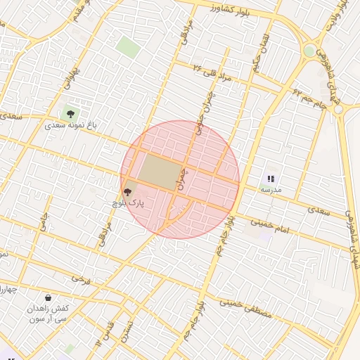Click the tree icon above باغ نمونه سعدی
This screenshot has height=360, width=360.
69,112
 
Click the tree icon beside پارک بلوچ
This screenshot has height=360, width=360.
127,191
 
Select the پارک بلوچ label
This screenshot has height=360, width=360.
127,204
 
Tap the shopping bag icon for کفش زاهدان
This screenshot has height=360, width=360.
48,297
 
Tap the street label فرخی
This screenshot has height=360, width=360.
81,279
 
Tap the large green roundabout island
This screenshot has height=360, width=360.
309,51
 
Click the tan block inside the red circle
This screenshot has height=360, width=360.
160,172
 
